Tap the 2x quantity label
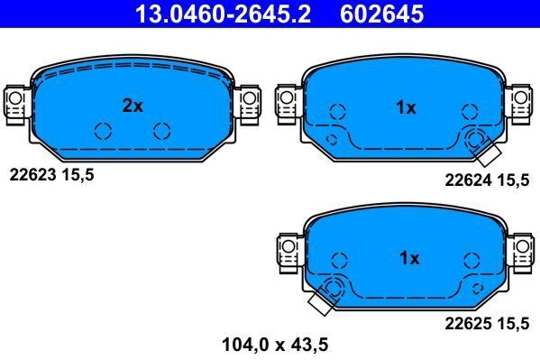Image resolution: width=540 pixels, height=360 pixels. tap(133, 106)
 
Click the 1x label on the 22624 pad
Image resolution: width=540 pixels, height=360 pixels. tap(406, 107)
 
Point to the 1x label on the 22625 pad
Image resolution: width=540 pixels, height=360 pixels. tap(408, 258)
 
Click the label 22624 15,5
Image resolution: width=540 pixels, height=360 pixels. tap(487, 180)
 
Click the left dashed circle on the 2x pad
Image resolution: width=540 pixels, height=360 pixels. tap(102, 131)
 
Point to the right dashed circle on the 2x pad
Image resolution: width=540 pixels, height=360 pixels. tap(162, 131)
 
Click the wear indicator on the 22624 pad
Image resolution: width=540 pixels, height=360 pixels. tap(477, 140)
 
